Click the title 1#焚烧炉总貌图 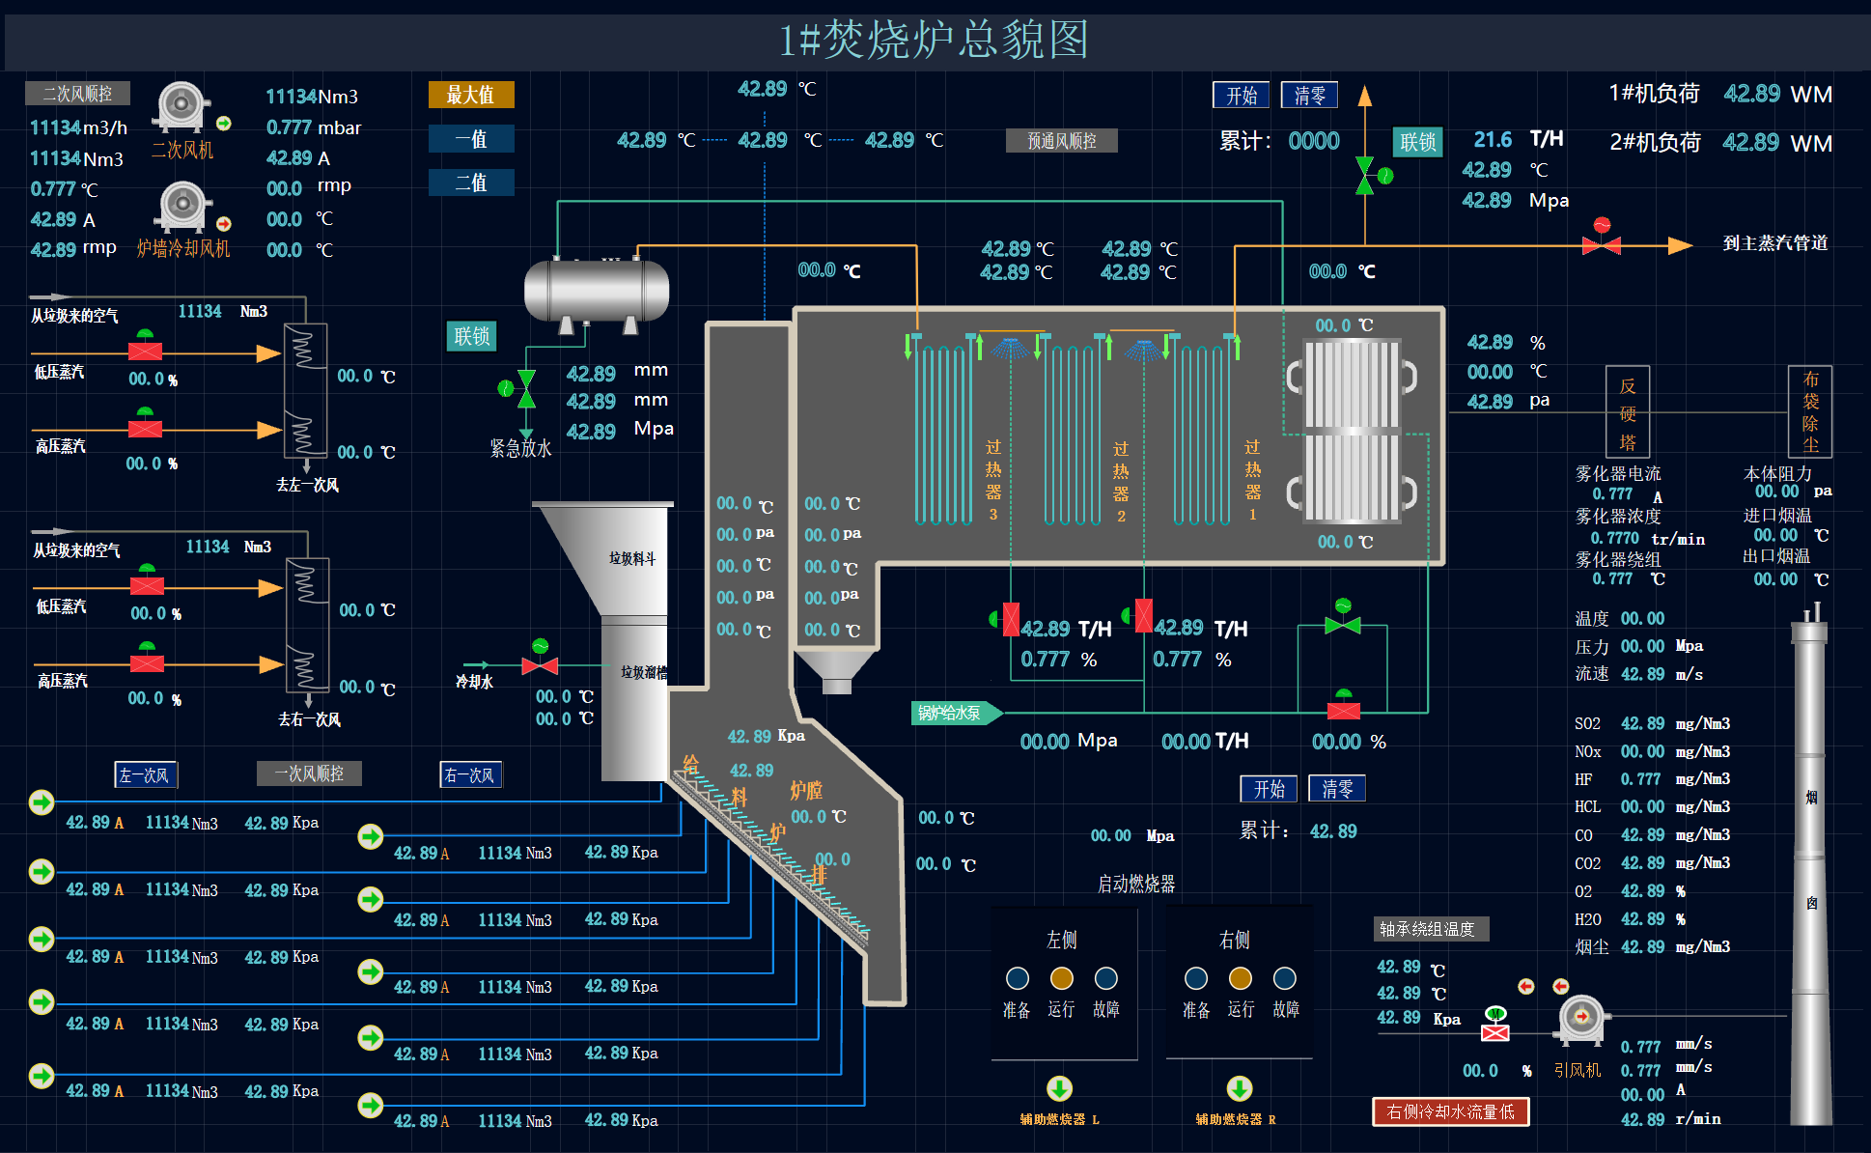[x=934, y=41]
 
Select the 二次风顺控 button [x=77, y=94]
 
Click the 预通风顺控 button [x=1061, y=141]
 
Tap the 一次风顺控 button [x=309, y=773]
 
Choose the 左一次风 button [x=145, y=774]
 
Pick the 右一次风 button [x=470, y=774]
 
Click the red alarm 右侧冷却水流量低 [x=1450, y=1111]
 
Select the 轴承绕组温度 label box [x=1431, y=929]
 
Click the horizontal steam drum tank [x=596, y=291]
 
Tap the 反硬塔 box [x=1627, y=412]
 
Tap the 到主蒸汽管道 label [x=1774, y=243]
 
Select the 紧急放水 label [x=520, y=448]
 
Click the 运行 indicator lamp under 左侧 [x=1061, y=978]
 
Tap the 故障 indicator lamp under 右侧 [x=1285, y=978]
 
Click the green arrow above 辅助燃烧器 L [x=1059, y=1088]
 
